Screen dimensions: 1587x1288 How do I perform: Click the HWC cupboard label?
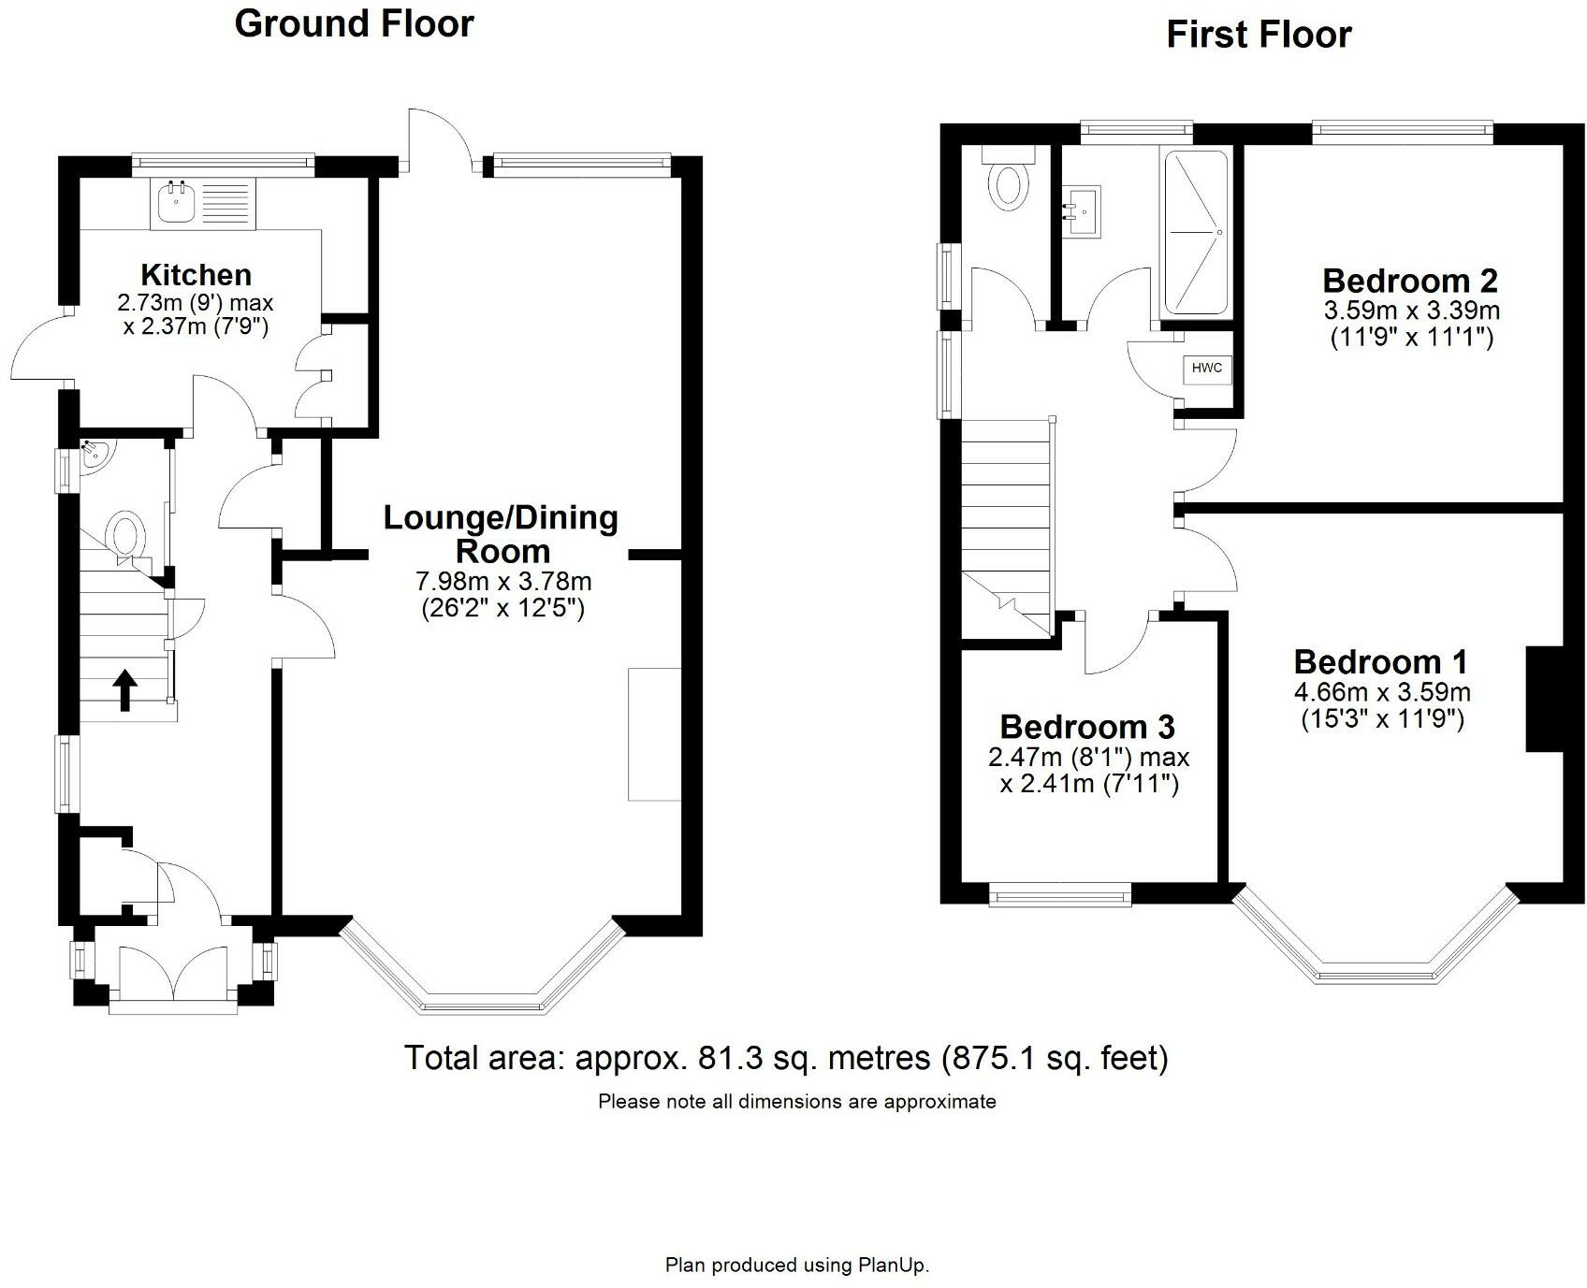pyautogui.click(x=1206, y=369)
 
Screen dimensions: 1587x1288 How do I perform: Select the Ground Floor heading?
pyautogui.click(x=355, y=23)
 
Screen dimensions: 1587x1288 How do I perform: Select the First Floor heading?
pyautogui.click(x=1259, y=36)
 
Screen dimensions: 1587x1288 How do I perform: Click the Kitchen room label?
pyautogui.click(x=197, y=275)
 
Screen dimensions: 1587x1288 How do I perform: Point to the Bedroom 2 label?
pyautogui.click(x=1410, y=281)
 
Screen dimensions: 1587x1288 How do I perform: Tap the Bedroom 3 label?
pyautogui.click(x=1087, y=727)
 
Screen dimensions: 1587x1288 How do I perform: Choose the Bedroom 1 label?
pyautogui.click(x=1381, y=662)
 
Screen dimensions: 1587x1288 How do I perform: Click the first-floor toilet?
pyautogui.click(x=1009, y=179)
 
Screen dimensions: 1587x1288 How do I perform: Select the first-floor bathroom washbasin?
pyautogui.click(x=1083, y=211)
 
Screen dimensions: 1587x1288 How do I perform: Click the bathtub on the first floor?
pyautogui.click(x=1195, y=232)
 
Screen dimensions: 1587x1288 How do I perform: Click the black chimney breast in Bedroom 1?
pyautogui.click(x=1545, y=699)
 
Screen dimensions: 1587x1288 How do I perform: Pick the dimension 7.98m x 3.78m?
pyautogui.click(x=503, y=582)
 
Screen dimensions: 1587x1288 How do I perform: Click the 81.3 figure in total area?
pyautogui.click(x=726, y=1058)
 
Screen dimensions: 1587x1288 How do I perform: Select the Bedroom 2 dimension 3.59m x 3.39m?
pyautogui.click(x=1412, y=310)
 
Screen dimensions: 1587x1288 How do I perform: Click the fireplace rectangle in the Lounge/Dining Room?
pyautogui.click(x=654, y=734)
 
